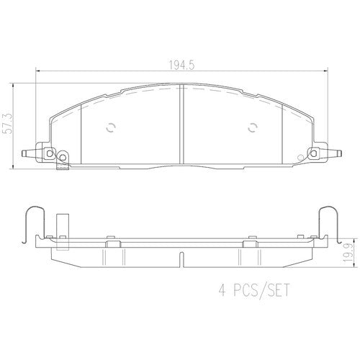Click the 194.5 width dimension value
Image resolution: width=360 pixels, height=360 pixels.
point(181,65)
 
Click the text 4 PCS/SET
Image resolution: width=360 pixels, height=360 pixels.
point(254,290)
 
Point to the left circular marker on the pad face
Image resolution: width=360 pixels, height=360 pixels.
point(111,128)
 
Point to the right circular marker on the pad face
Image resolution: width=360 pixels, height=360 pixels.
point(253,128)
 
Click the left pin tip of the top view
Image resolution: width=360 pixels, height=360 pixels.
point(22,153)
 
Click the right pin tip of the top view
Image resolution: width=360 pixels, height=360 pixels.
point(341,153)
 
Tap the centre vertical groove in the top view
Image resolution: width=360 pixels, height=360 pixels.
point(181,124)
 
